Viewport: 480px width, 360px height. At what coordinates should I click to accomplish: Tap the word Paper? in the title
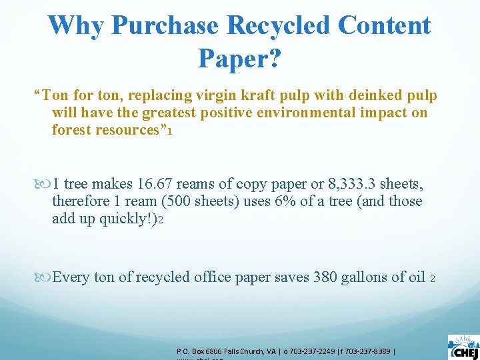239,59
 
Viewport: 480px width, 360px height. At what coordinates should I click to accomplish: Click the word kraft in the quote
247,96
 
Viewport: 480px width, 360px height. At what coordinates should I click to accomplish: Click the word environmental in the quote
309,113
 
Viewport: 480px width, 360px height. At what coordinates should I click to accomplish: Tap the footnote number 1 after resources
171,131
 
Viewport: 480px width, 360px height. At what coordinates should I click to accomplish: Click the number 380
325,277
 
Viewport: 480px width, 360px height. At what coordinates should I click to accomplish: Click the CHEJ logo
463,345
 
